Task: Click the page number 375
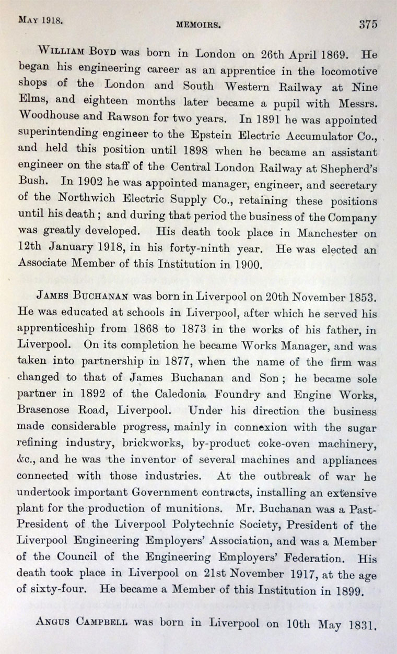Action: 368,23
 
